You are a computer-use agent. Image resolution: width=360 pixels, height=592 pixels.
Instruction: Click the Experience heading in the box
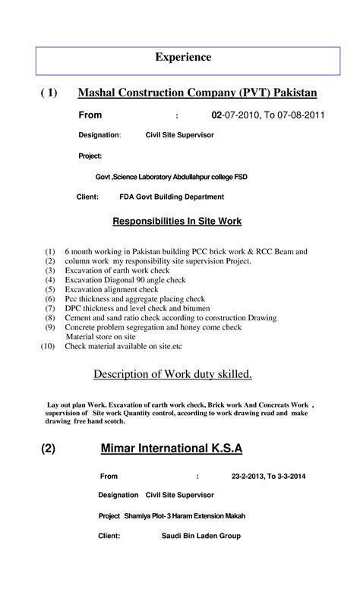183,57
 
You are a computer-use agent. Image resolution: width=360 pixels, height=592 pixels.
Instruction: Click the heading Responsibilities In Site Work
177,222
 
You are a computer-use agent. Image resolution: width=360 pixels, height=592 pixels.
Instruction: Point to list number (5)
50,289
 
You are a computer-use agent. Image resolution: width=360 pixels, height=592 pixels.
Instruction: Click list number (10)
49,346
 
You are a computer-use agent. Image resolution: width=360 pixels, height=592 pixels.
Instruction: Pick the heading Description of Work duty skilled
172,374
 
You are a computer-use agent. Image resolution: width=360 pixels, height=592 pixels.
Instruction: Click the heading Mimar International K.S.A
172,449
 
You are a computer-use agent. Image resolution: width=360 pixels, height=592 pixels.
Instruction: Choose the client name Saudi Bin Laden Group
201,536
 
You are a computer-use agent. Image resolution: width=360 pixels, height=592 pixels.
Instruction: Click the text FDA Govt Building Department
172,197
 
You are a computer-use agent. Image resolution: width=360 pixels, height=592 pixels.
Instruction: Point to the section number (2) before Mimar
49,449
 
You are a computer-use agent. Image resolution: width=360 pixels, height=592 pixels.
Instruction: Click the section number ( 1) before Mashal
49,93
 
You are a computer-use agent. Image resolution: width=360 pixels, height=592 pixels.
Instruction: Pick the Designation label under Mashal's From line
99,135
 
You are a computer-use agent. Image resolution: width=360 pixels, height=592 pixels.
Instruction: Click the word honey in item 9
199,327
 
